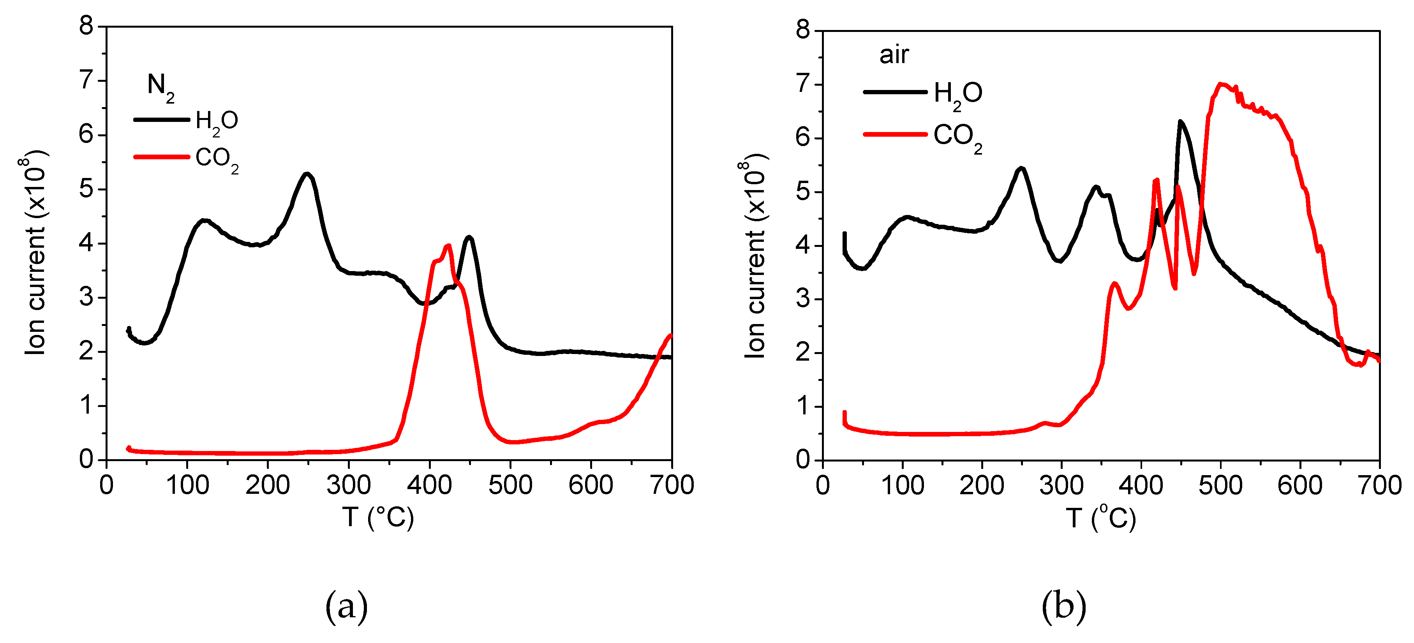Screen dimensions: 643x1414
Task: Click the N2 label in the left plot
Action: tap(160, 88)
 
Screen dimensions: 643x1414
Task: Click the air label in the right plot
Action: tap(894, 55)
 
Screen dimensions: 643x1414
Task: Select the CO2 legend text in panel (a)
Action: tap(217, 160)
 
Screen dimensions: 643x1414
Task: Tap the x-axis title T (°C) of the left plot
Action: tap(378, 517)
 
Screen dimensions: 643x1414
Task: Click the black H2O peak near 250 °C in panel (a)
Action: tap(307, 174)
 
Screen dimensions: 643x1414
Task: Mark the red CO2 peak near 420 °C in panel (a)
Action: tap(448, 245)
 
